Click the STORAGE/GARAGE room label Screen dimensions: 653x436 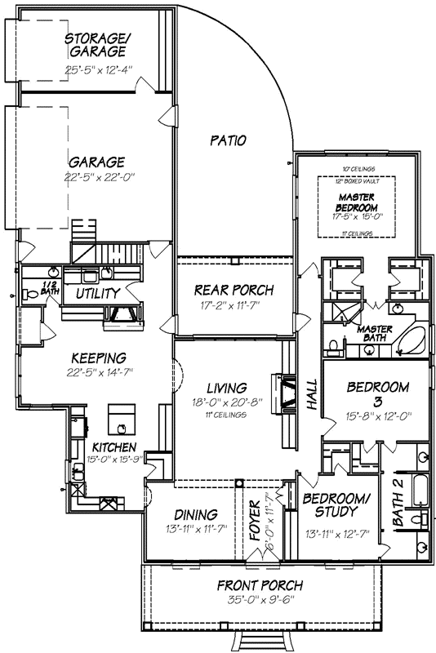pos(96,45)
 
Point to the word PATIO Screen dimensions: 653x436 pos(228,140)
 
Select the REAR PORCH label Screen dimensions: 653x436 pos(234,291)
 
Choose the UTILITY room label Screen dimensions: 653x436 pos(98,293)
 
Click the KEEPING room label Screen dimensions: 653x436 pos(97,358)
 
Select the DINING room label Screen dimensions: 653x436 pos(195,514)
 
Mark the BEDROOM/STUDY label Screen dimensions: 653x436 pos(331,504)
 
